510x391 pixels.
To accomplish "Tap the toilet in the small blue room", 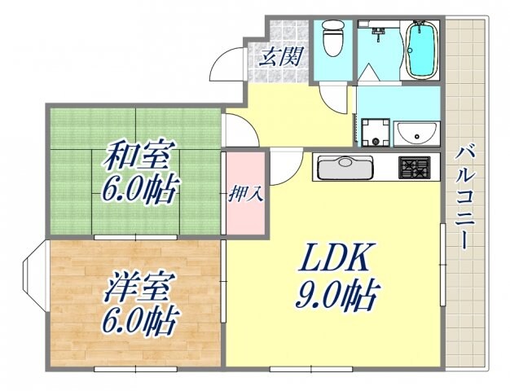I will tap(332, 39).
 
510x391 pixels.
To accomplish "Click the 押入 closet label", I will tap(245, 195).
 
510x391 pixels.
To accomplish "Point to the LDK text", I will tap(335, 260).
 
